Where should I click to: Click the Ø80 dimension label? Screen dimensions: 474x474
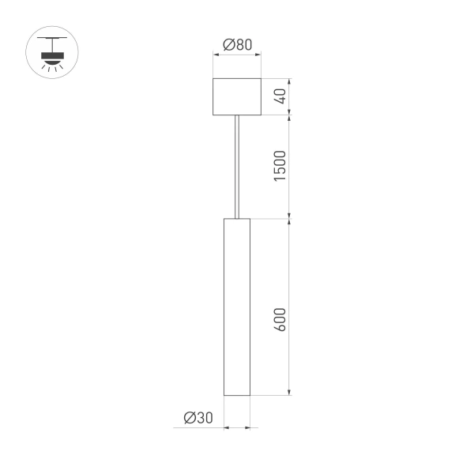pos(237,45)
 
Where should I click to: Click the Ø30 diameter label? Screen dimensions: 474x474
pos(198,418)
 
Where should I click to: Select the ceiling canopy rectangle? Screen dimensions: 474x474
pos(237,96)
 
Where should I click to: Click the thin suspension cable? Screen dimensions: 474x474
pos(237,166)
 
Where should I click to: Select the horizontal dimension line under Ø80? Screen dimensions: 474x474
pos(237,55)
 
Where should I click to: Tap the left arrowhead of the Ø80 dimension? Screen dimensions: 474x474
pos(217,55)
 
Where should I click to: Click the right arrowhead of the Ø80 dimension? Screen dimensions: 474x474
pos(258,55)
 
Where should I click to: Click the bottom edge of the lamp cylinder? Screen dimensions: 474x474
pos(237,394)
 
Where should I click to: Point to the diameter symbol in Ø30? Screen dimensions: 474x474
pos(190,418)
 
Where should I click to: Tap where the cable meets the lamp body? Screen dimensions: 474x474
pos(237,217)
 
